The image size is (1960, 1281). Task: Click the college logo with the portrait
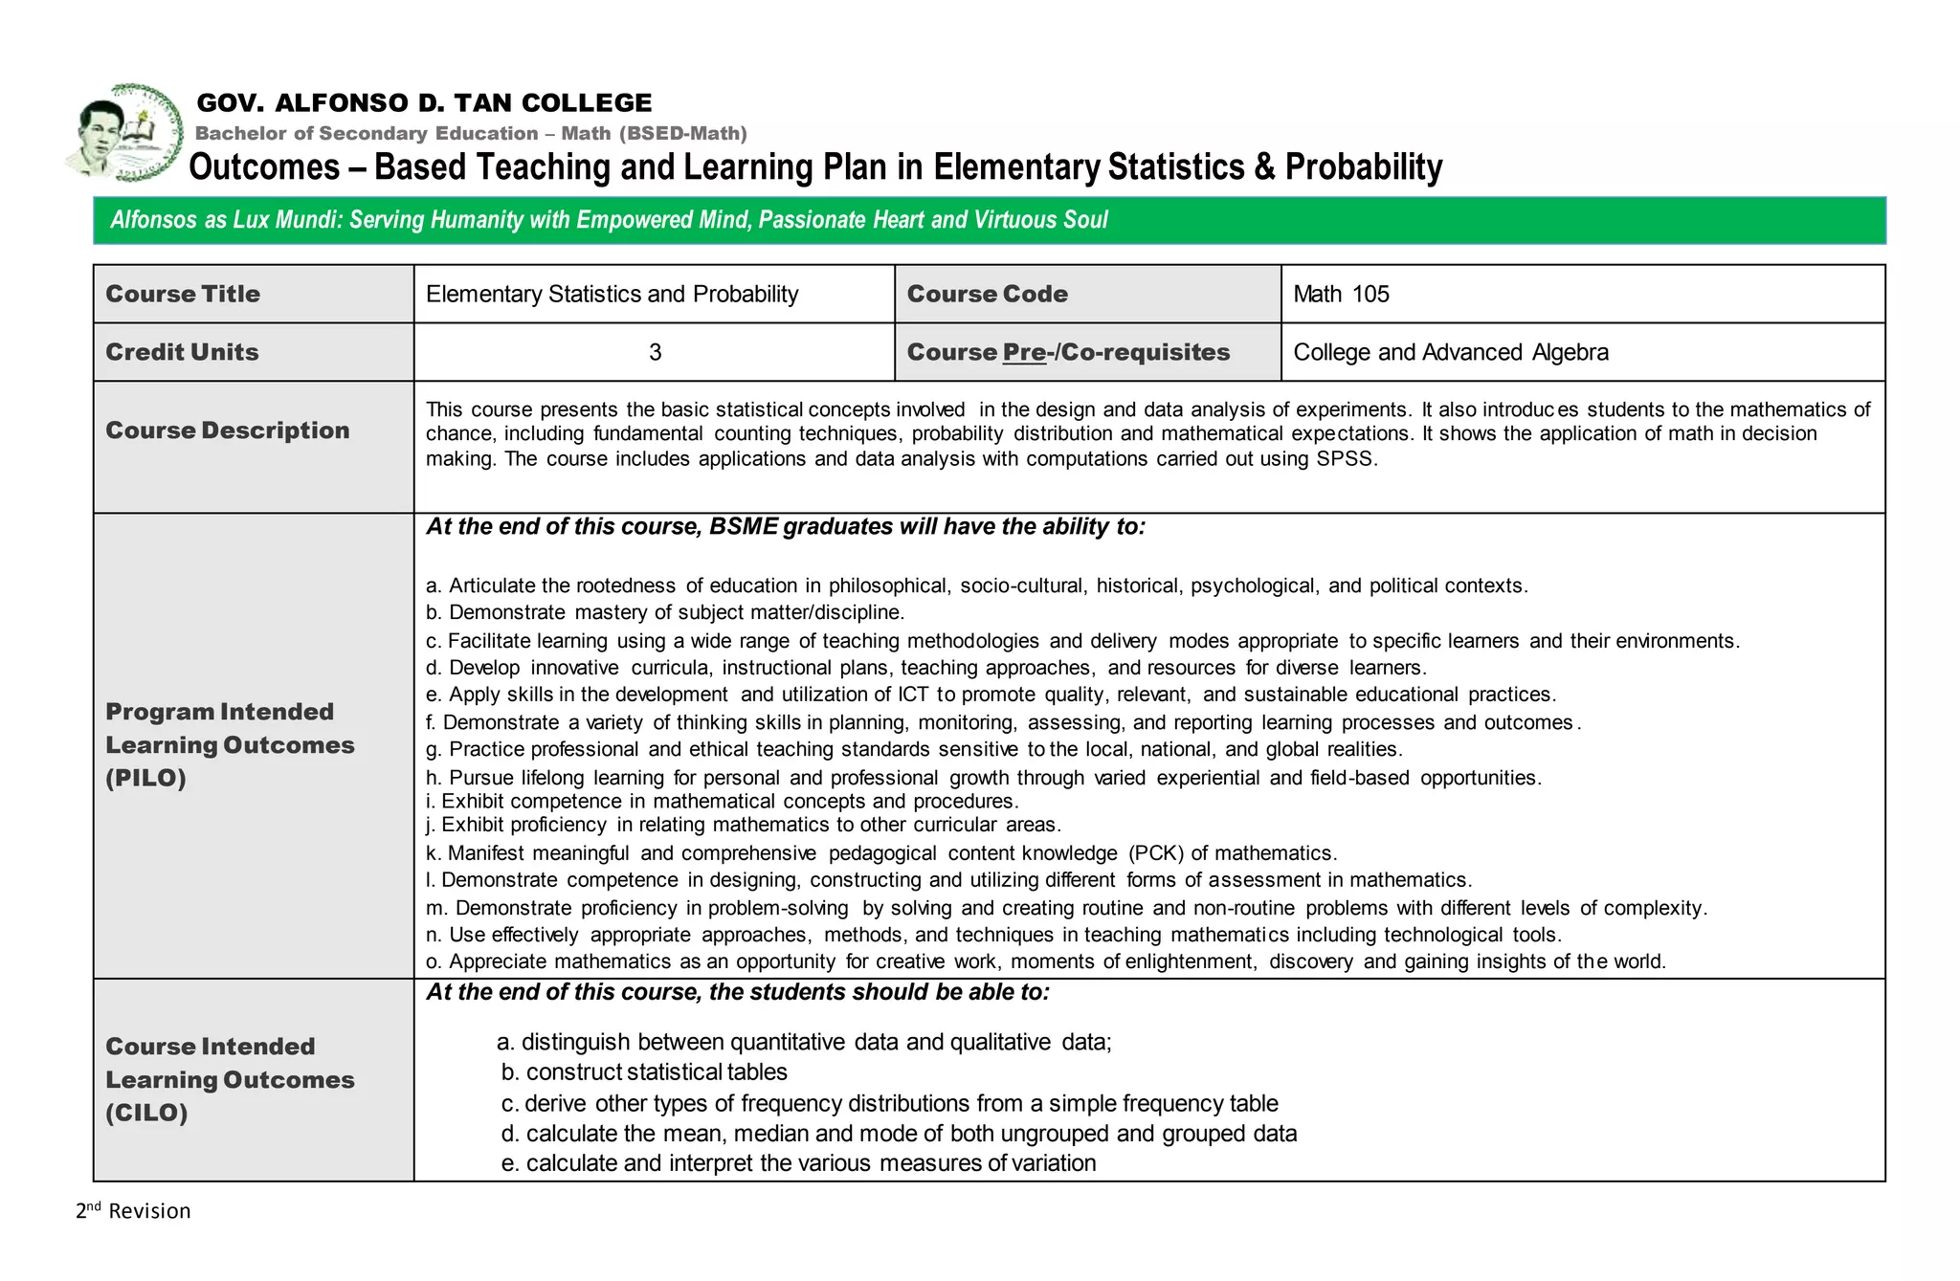[124, 134]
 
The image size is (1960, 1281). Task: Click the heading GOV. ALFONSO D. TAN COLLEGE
[424, 102]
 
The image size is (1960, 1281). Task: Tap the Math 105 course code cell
[1341, 295]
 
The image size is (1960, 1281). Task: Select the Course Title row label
[183, 295]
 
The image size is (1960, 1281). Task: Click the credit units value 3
[655, 353]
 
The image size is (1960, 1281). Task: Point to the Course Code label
[987, 295]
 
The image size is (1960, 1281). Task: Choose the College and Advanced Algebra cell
[1450, 353]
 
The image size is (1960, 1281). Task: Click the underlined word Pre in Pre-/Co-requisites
[1023, 353]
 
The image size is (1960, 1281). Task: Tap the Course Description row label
[228, 431]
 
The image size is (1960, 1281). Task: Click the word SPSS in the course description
[1345, 459]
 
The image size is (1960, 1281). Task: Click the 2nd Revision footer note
[134, 1211]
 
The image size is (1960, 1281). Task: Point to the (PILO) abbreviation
[145, 778]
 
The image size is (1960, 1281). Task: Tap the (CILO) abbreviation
[146, 1113]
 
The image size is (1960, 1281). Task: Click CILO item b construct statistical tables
[644, 1072]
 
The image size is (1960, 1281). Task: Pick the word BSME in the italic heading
[743, 527]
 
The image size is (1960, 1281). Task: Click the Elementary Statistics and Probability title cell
[612, 295]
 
